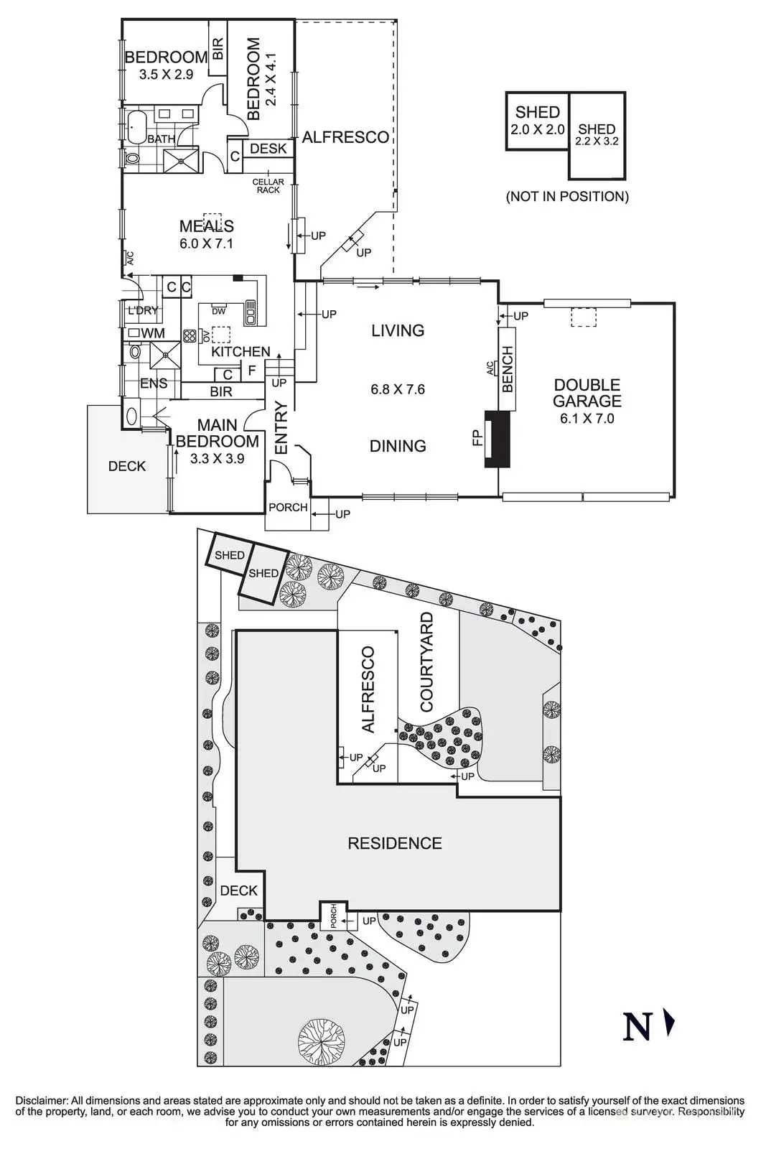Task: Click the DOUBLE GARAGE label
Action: click(587, 394)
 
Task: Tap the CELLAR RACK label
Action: click(268, 186)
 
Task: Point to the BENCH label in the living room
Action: click(508, 369)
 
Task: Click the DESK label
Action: click(268, 149)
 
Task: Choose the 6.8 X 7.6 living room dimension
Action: click(398, 389)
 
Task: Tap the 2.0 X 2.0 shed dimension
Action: click(537, 130)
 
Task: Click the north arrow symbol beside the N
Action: click(669, 1023)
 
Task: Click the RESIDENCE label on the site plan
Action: click(395, 843)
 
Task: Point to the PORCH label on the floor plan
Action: click(288, 507)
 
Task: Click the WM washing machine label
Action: click(152, 333)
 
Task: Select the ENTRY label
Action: click(281, 427)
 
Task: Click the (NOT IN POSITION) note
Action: click(567, 196)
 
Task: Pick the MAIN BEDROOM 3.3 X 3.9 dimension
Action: click(217, 458)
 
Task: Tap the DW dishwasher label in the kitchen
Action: click(219, 311)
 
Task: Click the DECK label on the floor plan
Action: click(127, 466)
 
